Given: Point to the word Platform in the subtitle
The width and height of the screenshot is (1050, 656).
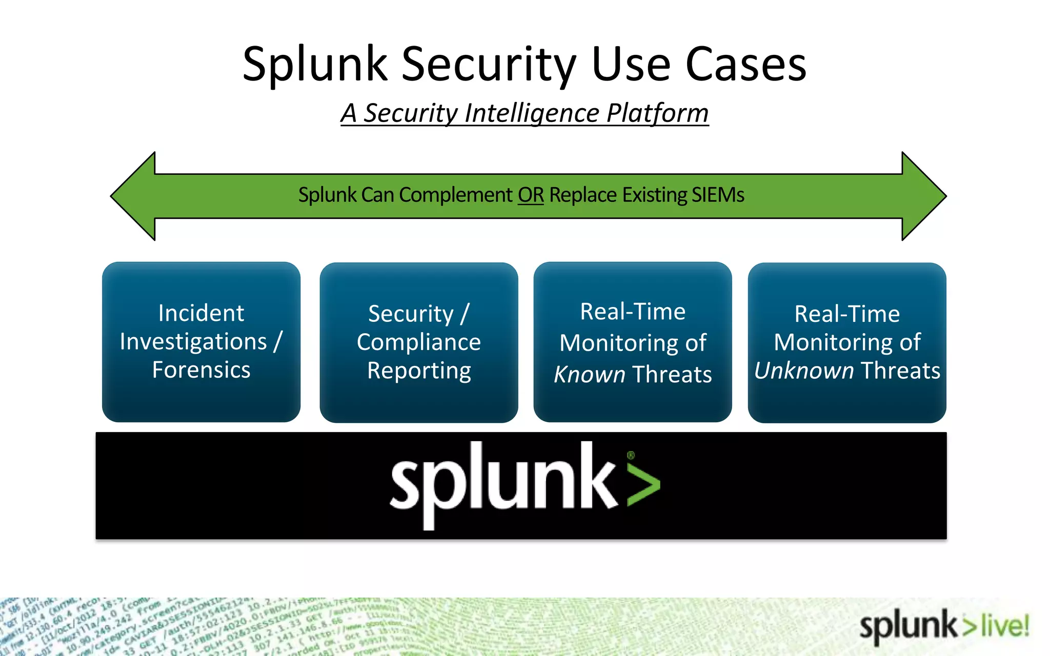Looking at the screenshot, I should point(657,113).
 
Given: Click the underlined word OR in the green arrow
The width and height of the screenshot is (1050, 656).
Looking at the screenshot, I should point(531,195).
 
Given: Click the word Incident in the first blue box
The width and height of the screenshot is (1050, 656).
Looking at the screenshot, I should point(201,313).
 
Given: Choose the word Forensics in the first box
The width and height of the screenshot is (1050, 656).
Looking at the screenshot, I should point(201,370).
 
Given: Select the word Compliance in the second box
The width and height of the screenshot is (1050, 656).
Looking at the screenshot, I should point(419,342).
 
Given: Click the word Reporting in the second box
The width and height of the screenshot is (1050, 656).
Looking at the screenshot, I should point(419,371).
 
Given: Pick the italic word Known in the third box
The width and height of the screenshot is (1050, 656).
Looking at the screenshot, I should point(590,375).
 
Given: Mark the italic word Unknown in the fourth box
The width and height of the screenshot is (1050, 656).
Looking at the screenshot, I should point(803,371).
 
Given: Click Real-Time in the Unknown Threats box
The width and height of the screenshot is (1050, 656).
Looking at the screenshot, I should point(847,314).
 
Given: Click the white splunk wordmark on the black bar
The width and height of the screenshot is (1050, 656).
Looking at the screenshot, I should point(502,482).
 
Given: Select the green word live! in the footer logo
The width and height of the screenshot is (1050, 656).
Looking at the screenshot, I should point(1005,626).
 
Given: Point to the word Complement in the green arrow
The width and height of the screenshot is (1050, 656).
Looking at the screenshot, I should point(455,195).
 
